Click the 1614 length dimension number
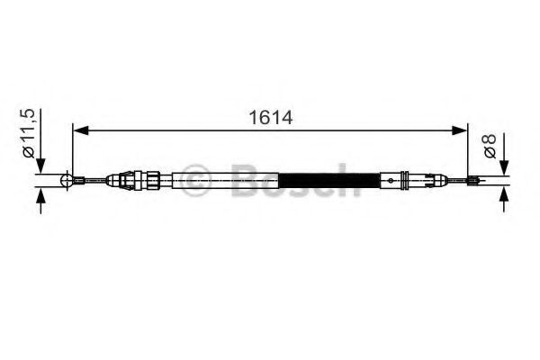pyautogui.click(x=269, y=118)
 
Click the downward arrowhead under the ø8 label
pyautogui.click(x=503, y=169)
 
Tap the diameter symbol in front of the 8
pyautogui.click(x=489, y=154)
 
